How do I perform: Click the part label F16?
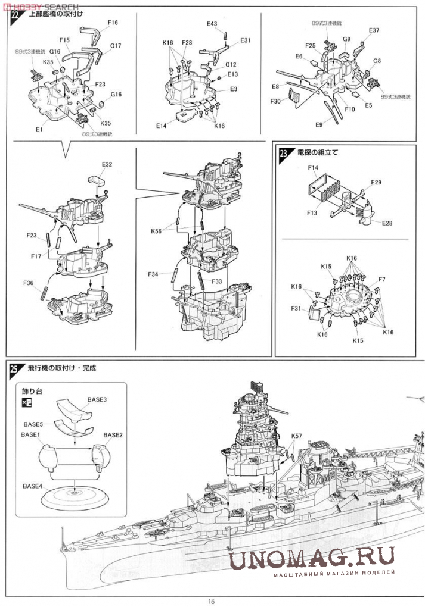tap(113, 23)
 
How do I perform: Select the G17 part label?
tap(116, 46)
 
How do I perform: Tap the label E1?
tap(39, 129)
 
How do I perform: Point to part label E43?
tap(212, 24)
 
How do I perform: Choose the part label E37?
tap(374, 30)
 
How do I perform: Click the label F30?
tap(275, 102)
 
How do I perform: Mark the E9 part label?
tap(319, 125)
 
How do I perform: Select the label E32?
tap(107, 164)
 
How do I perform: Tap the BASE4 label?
tap(33, 486)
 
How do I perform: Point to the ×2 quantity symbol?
tap(27, 403)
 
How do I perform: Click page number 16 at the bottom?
tap(212, 600)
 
